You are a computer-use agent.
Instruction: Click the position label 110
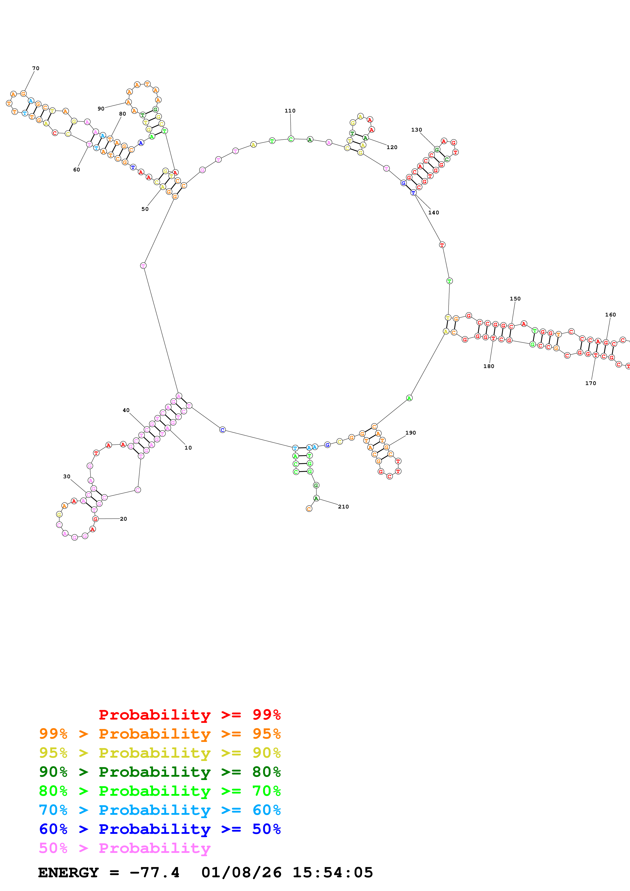pos(290,110)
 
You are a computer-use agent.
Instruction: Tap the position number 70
pos(36,68)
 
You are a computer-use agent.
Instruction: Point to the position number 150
pos(515,298)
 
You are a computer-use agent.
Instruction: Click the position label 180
pos(489,366)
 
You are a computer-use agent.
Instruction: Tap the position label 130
pos(417,130)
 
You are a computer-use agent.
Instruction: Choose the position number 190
pos(411,433)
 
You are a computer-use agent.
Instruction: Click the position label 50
pos(145,209)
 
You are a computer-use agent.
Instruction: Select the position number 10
pos(188,448)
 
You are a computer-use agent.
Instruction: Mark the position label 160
pos(610,314)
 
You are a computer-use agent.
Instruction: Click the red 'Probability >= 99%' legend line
pos(189,714)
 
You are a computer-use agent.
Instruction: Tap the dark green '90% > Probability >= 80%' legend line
pos(160,772)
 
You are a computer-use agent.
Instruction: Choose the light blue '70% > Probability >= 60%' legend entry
pos(160,810)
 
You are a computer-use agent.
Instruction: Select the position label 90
pos(101,109)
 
